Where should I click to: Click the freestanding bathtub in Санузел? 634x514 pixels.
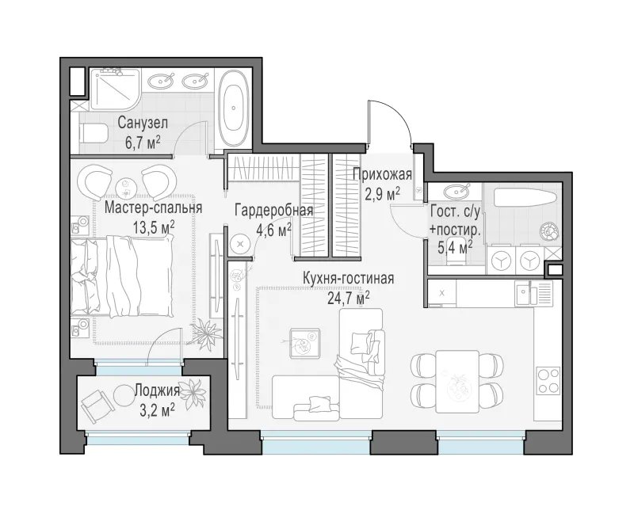233,108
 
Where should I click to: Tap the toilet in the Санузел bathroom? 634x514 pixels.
93,133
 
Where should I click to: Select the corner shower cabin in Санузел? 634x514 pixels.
114,89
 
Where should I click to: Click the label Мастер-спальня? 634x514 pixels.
153,208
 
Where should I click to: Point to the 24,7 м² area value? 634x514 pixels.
348,299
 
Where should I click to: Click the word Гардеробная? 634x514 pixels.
274,211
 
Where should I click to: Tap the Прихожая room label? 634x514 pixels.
382,175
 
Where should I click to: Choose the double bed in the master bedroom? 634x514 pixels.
121,276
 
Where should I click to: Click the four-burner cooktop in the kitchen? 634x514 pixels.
548,381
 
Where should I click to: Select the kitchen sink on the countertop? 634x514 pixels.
533,293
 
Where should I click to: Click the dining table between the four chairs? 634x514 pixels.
457,381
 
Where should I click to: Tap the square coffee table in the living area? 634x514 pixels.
305,343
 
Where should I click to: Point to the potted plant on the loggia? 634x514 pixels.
193,391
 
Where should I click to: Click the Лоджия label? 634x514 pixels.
156,390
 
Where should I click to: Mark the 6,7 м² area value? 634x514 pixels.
143,143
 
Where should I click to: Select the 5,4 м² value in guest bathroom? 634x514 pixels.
455,246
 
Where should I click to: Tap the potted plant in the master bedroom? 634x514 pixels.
208,332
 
